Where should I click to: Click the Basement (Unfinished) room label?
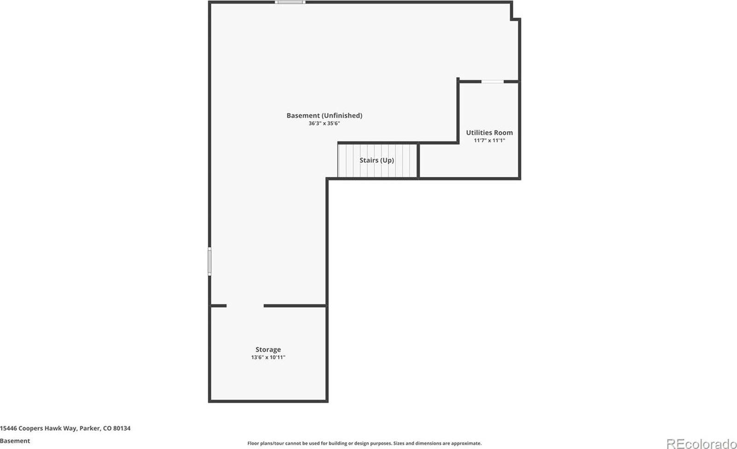[324, 116]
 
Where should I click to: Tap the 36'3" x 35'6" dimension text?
[324, 123]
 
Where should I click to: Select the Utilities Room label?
[489, 133]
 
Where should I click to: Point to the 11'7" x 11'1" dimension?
[489, 140]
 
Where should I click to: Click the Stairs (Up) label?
[377, 160]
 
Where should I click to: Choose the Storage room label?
[268, 350]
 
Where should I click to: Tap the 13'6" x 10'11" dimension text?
[268, 357]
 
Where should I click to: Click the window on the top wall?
[290, 2]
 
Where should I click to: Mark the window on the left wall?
[210, 262]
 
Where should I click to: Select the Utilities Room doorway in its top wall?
[492, 82]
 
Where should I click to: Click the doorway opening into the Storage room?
[245, 306]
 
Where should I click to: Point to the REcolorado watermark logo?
[701, 443]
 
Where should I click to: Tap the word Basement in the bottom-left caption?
[15, 441]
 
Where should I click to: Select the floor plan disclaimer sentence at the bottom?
[364, 443]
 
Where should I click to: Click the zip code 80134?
[122, 428]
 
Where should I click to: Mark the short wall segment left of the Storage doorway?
[218, 306]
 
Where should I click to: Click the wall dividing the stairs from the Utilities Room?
[418, 160]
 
